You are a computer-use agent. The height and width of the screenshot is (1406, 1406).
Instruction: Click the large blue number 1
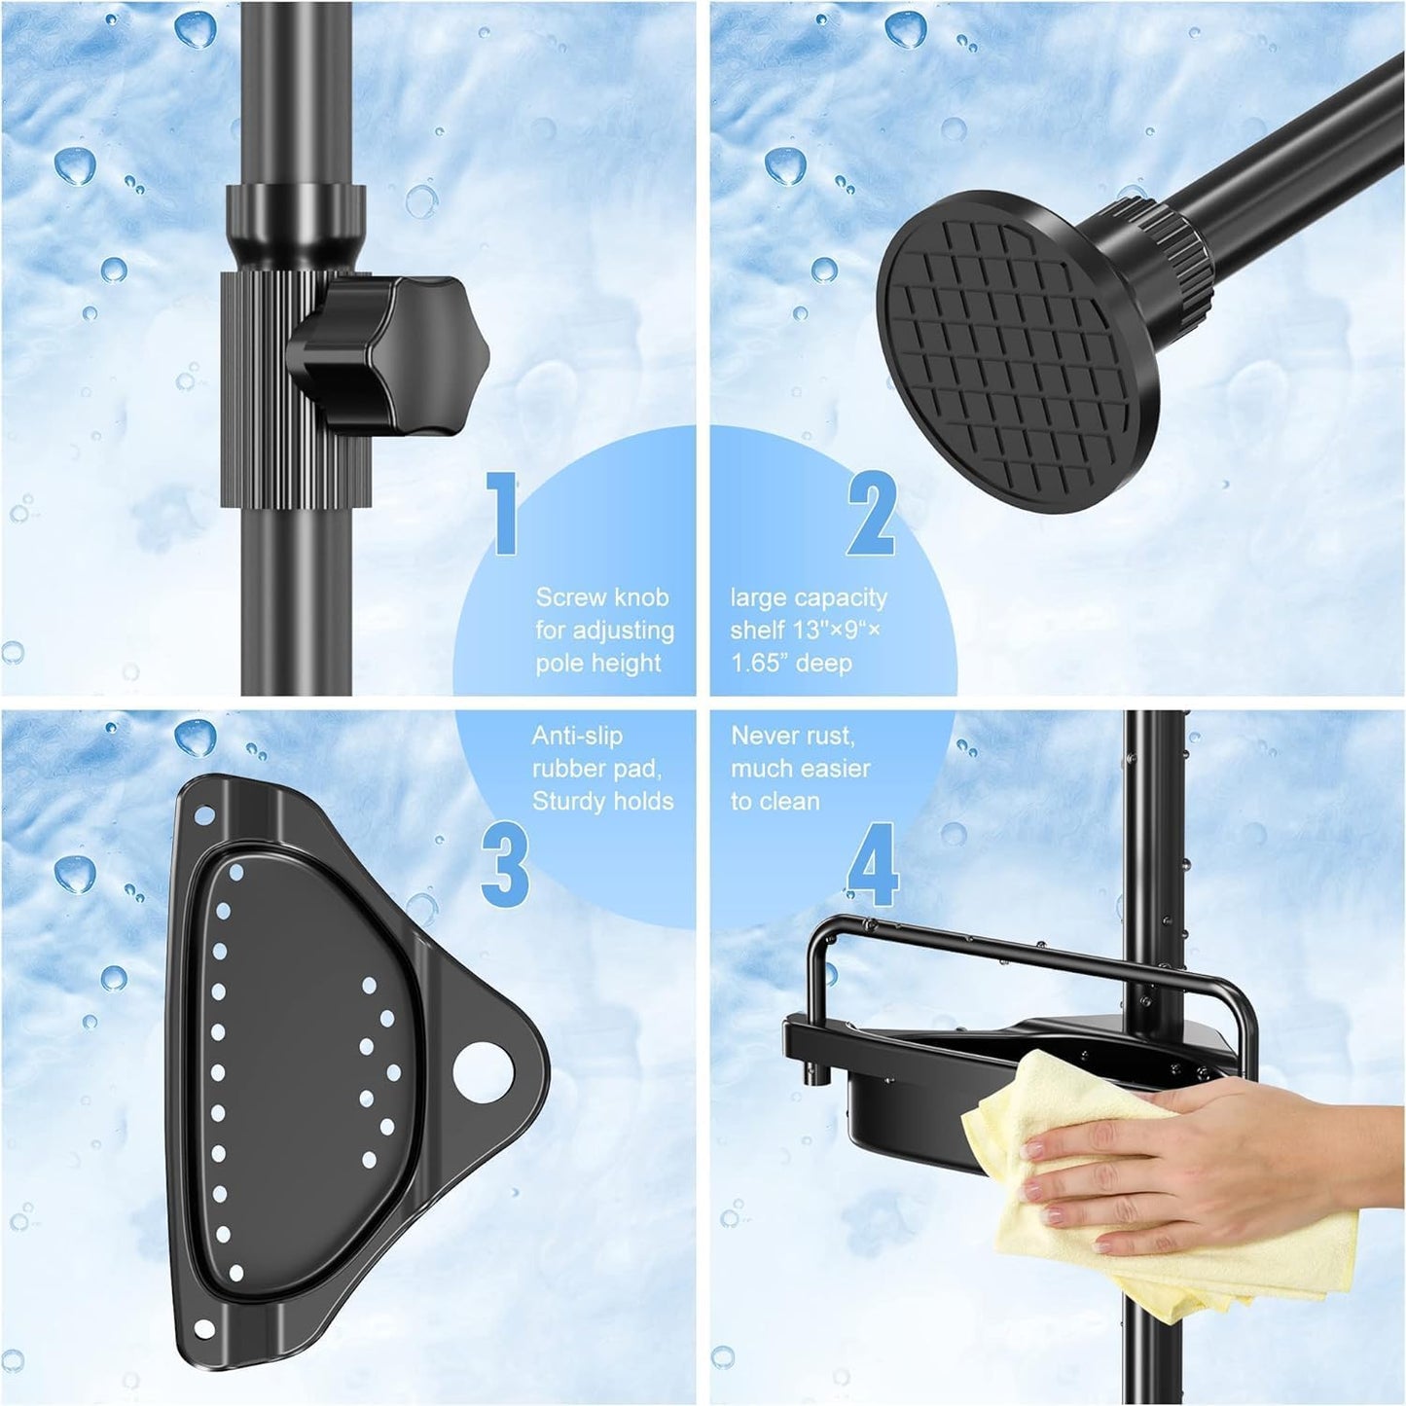[503, 512]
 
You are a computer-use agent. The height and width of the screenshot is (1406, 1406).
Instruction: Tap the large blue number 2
[871, 512]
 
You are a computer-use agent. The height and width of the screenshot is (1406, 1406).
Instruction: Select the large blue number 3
[505, 864]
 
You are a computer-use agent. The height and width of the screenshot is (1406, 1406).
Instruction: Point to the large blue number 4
[873, 864]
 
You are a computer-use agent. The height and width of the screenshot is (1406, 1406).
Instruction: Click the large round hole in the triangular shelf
[483, 1072]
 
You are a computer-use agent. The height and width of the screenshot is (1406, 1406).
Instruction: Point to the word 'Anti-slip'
[577, 736]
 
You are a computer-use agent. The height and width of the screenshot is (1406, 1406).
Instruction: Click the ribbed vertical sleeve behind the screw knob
[296, 390]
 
